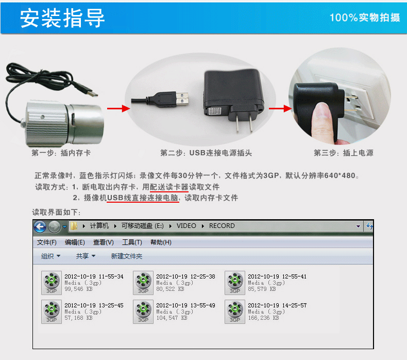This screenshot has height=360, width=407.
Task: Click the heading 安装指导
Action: (x=62, y=18)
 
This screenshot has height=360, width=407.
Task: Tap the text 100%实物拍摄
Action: (x=365, y=18)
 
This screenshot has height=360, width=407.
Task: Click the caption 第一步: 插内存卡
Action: (x=61, y=153)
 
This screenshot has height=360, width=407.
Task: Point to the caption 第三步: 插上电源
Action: (x=344, y=153)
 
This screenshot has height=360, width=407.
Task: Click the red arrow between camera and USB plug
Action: (x=118, y=108)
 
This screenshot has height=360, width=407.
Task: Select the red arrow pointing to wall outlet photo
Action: (x=280, y=108)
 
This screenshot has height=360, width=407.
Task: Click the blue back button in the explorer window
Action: (x=40, y=226)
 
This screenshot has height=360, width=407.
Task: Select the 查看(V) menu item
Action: (x=104, y=242)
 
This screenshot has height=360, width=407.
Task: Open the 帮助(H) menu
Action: (x=161, y=242)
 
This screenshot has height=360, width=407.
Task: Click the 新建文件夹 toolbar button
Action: (x=127, y=256)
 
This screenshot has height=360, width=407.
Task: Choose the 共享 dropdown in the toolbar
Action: (x=86, y=256)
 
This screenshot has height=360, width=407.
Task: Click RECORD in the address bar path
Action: (x=222, y=225)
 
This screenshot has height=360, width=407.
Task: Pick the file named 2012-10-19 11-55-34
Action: (x=94, y=276)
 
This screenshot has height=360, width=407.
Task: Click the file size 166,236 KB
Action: (x=263, y=318)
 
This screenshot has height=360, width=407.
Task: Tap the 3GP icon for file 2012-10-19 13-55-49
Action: (x=143, y=312)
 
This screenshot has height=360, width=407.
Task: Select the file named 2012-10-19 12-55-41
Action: (x=277, y=276)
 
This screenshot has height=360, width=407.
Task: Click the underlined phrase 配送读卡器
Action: (x=169, y=187)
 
